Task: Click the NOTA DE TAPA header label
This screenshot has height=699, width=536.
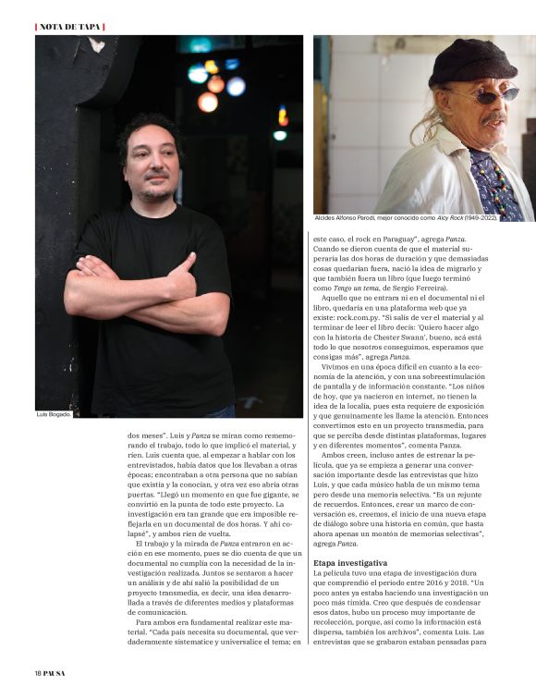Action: [x=70, y=26]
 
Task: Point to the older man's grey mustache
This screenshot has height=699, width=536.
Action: [x=495, y=117]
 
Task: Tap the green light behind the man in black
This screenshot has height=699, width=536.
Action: [x=279, y=135]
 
